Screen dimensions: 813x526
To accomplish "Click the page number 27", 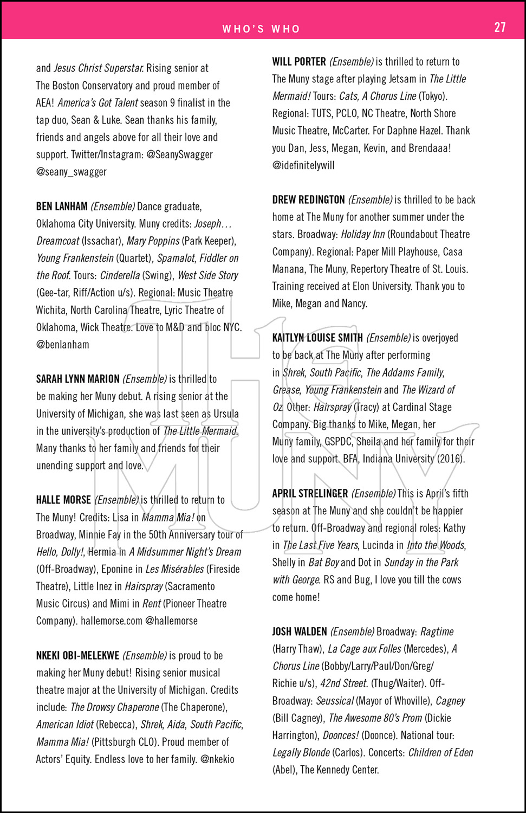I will click(x=499, y=27).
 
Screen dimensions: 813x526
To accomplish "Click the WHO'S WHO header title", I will click(x=261, y=29).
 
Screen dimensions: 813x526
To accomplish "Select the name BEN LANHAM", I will click(x=62, y=207).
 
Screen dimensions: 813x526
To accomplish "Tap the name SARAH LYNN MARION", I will click(x=77, y=379).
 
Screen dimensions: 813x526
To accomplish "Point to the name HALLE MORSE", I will click(x=63, y=500).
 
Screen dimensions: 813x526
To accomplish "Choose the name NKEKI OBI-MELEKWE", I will click(x=77, y=655).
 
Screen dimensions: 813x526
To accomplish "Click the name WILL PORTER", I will click(x=299, y=62).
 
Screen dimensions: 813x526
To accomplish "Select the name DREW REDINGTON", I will click(x=308, y=199).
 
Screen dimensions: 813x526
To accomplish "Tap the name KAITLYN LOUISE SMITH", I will click(x=317, y=338).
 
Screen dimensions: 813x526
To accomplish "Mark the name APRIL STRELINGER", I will click(x=310, y=493).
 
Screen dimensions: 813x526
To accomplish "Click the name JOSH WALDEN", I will click(x=300, y=631).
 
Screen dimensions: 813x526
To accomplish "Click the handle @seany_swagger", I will click(x=72, y=172).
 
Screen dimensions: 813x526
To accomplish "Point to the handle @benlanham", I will click(x=63, y=344).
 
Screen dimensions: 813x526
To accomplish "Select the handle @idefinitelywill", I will click(x=303, y=165).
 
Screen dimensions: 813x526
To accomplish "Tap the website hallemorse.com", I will click(x=112, y=621).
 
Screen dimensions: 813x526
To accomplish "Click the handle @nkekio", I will click(x=217, y=759).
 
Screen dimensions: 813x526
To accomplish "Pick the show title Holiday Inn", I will click(x=362, y=234).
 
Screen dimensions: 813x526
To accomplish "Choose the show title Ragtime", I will click(x=437, y=631).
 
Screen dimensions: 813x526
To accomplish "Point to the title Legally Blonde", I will click(x=301, y=752).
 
